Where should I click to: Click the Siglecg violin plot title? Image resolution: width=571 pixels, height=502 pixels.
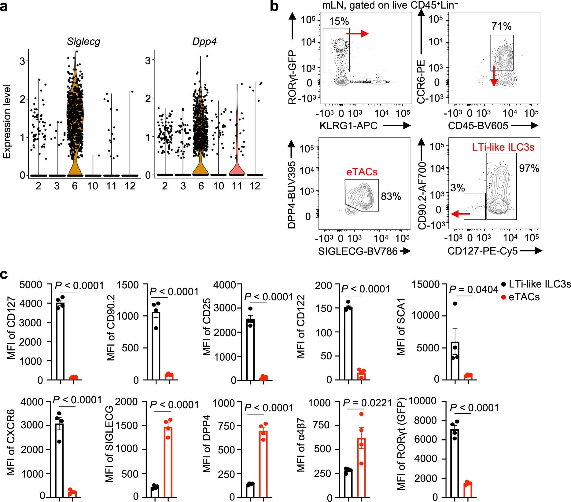pyautogui.click(x=83, y=42)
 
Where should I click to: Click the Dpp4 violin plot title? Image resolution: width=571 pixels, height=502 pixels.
pyautogui.click(x=204, y=42)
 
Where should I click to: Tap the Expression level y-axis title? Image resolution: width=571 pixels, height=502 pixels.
pyautogui.click(x=7, y=122)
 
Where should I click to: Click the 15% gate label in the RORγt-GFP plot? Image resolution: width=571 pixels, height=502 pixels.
pyautogui.click(x=339, y=21)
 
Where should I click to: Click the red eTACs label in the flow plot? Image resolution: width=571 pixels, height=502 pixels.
pyautogui.click(x=362, y=172)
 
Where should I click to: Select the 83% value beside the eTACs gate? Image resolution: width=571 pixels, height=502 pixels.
pyautogui.click(x=391, y=196)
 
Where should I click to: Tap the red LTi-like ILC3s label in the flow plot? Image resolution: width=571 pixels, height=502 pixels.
pyautogui.click(x=503, y=147)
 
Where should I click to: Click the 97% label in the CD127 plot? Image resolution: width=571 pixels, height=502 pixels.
pyautogui.click(x=529, y=168)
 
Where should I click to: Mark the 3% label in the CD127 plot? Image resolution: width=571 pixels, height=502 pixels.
pyautogui.click(x=457, y=188)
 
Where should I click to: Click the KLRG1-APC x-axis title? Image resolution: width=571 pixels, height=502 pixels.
pyautogui.click(x=348, y=126)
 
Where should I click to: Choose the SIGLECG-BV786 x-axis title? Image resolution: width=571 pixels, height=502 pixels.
pyautogui.click(x=358, y=251)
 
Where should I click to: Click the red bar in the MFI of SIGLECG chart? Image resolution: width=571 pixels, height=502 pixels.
pyautogui.click(x=168, y=461)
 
